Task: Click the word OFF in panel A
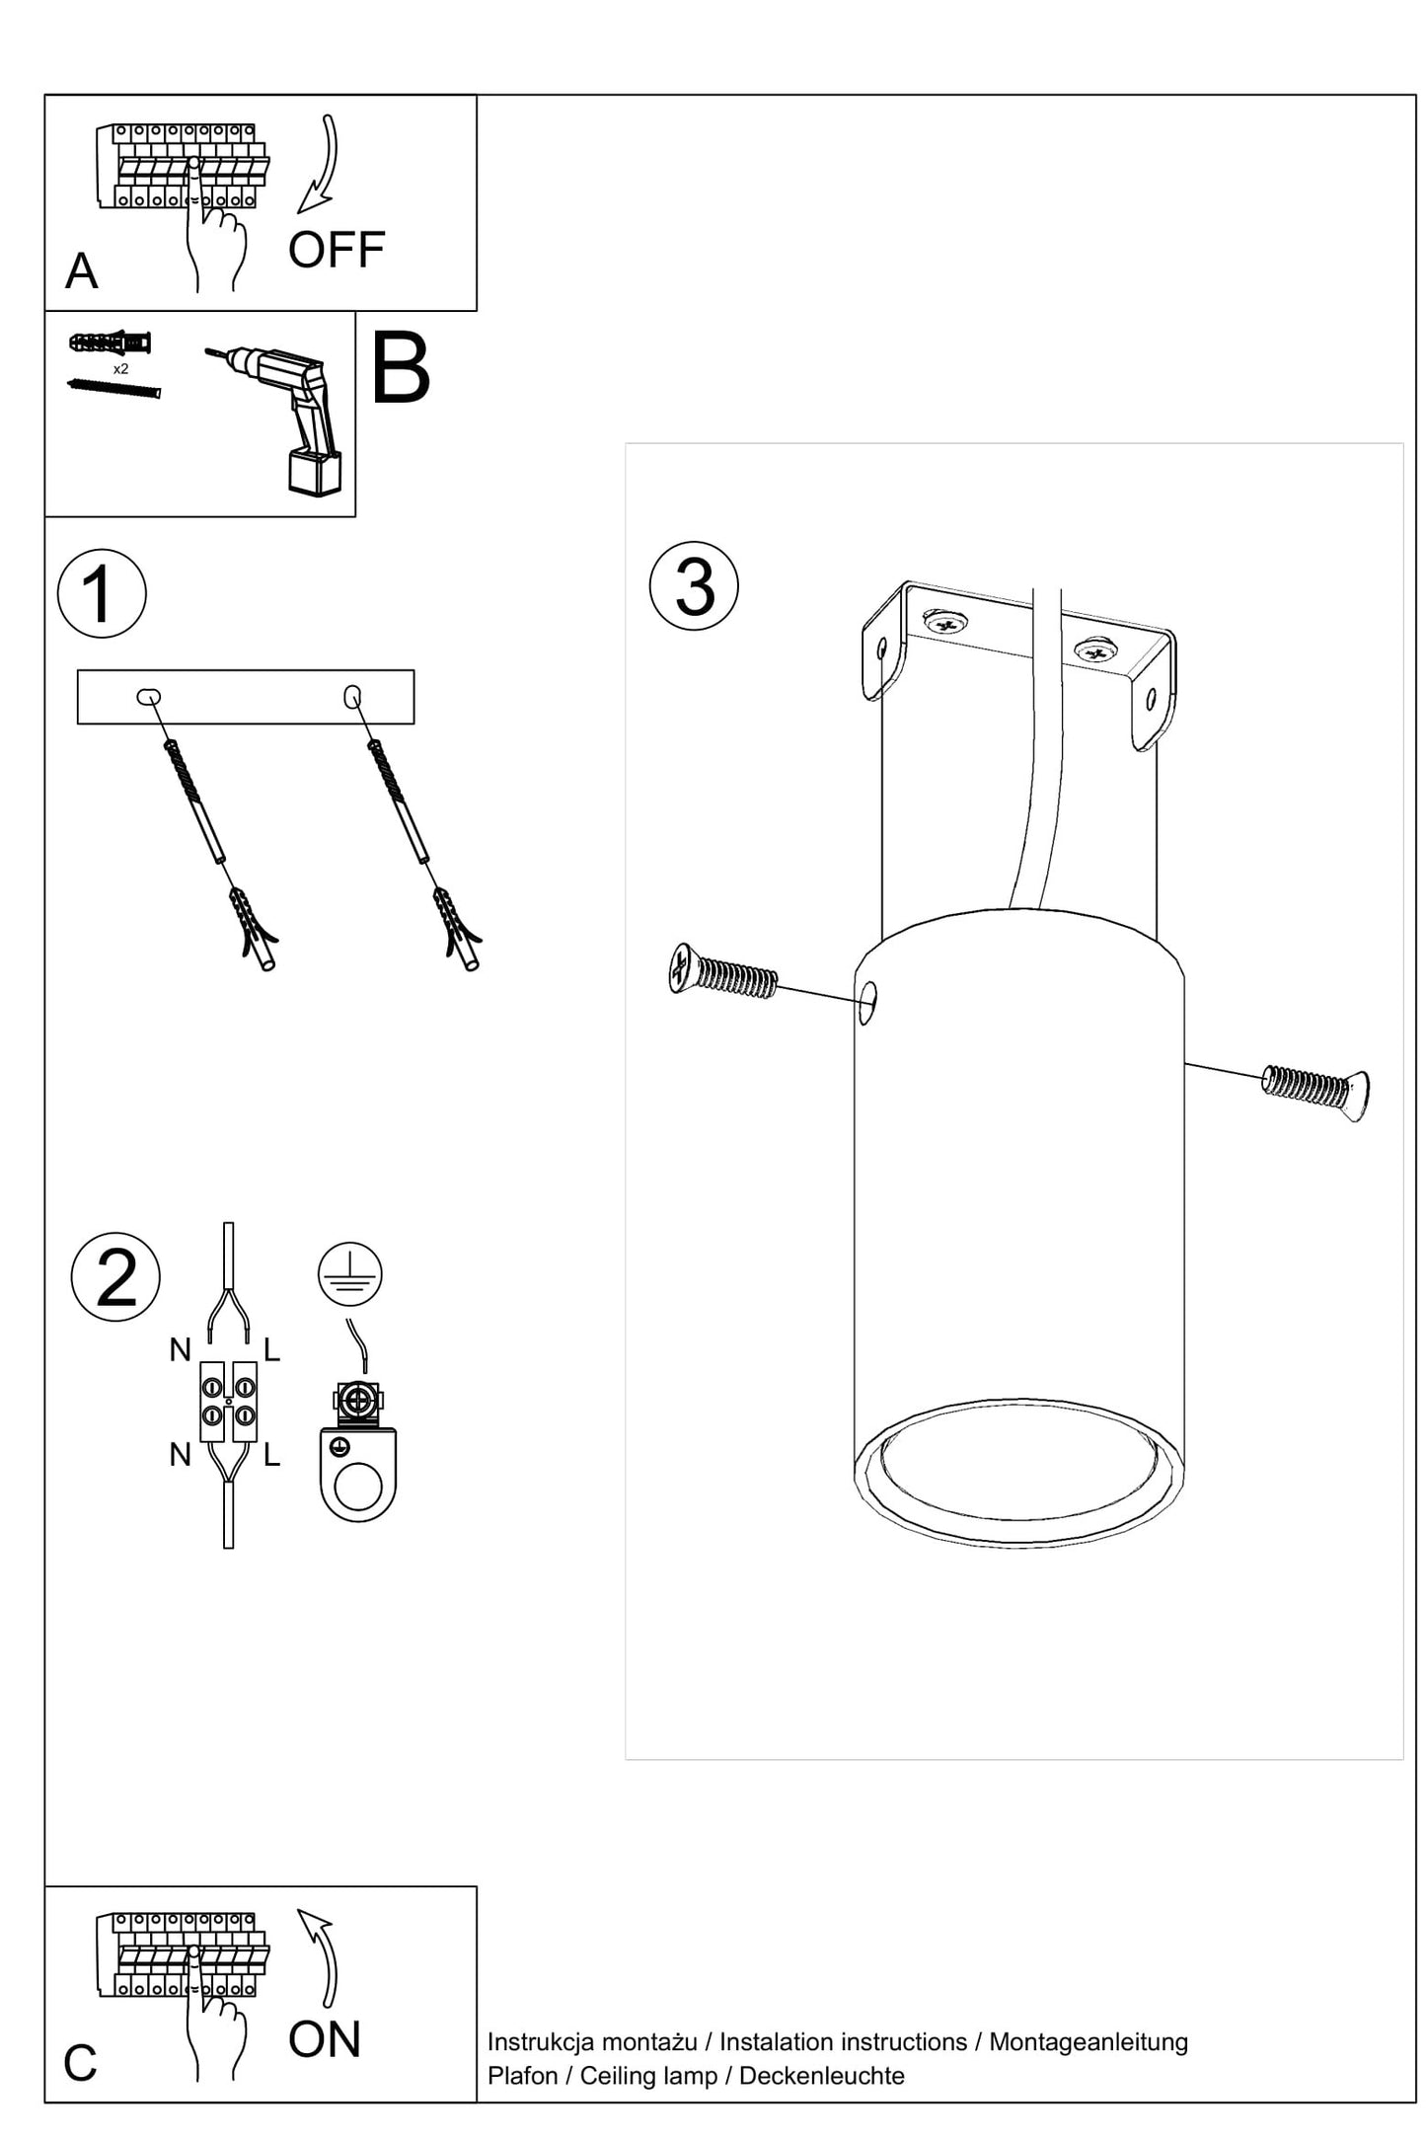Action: tap(336, 251)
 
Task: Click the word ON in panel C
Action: tap(325, 2039)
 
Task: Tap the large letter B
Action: tap(401, 368)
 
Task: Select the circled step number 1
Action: tap(102, 594)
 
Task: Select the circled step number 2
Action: tap(116, 1277)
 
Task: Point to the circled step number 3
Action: tap(694, 586)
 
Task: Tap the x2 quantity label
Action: tap(120, 369)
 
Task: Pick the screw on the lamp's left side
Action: tap(721, 972)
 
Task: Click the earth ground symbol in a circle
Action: tap(350, 1273)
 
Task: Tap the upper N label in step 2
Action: tap(180, 1350)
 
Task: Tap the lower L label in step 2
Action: tap(272, 1455)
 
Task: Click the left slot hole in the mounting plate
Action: tap(148, 698)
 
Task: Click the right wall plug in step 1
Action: tap(456, 928)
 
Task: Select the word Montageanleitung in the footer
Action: tap(1088, 2042)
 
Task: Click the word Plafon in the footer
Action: tap(522, 2076)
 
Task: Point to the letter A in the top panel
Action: tap(82, 271)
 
